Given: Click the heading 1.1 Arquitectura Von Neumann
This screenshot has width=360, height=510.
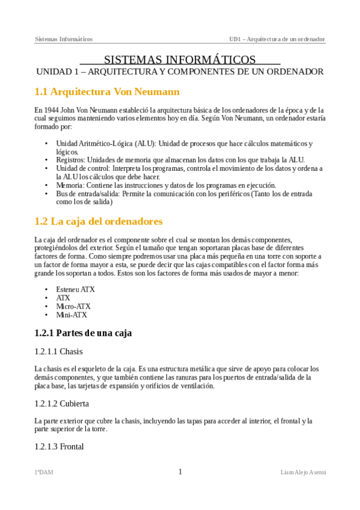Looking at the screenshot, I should [107, 92].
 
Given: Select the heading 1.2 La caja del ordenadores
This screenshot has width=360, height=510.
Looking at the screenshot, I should [98, 221].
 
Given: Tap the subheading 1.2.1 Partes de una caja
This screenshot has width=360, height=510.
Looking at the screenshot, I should [83, 333].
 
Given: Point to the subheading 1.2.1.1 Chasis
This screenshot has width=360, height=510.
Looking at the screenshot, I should [58, 351].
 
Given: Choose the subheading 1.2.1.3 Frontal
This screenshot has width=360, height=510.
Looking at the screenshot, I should [59, 446].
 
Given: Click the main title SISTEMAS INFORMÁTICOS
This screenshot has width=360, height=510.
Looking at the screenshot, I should [180, 60].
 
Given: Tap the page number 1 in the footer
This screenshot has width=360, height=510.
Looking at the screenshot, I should [180, 472].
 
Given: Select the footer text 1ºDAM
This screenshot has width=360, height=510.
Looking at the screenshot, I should [44, 473].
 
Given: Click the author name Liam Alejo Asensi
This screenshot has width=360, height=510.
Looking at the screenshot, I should [303, 473].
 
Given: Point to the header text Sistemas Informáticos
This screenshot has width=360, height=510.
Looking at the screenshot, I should [64, 39].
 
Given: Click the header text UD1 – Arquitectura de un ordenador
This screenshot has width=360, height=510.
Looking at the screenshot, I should [277, 39].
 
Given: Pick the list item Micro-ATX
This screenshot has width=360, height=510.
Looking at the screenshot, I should [73, 306].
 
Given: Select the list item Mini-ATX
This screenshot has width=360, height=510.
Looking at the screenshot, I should [72, 315].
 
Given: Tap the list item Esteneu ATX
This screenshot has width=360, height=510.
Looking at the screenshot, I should [75, 289].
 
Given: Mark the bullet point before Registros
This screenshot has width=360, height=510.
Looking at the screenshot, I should [47, 160].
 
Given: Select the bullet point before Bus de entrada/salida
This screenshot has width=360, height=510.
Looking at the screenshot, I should [47, 194].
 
